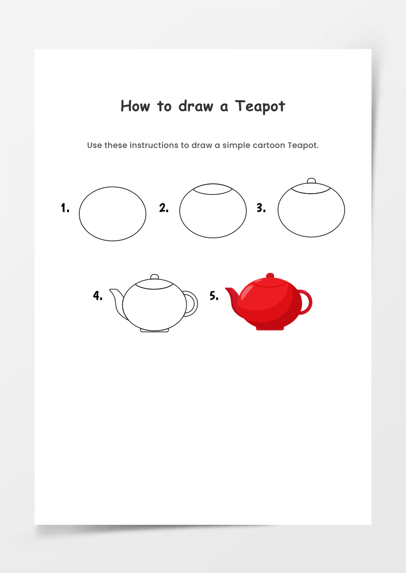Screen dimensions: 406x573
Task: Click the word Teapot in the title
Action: pyautogui.click(x=260, y=106)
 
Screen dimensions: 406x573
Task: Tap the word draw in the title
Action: pyautogui.click(x=196, y=106)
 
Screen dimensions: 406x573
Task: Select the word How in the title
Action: pyautogui.click(x=136, y=106)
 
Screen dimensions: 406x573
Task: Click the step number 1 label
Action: pyautogui.click(x=65, y=208)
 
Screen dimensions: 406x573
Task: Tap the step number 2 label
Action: pyautogui.click(x=163, y=208)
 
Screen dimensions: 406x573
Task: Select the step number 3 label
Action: pyautogui.click(x=261, y=208)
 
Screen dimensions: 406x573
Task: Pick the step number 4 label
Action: pyautogui.click(x=97, y=296)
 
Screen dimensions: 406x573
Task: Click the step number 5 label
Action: pyautogui.click(x=214, y=296)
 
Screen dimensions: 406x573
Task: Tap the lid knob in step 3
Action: pyautogui.click(x=311, y=181)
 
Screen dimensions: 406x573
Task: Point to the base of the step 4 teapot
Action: pyautogui.click(x=155, y=330)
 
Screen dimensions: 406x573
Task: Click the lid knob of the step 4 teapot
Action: pyautogui.click(x=155, y=277)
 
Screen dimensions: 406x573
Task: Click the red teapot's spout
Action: pyautogui.click(x=232, y=298)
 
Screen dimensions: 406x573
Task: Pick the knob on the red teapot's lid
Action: pyautogui.click(x=270, y=275)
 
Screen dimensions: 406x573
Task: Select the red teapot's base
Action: pyautogui.click(x=270, y=329)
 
